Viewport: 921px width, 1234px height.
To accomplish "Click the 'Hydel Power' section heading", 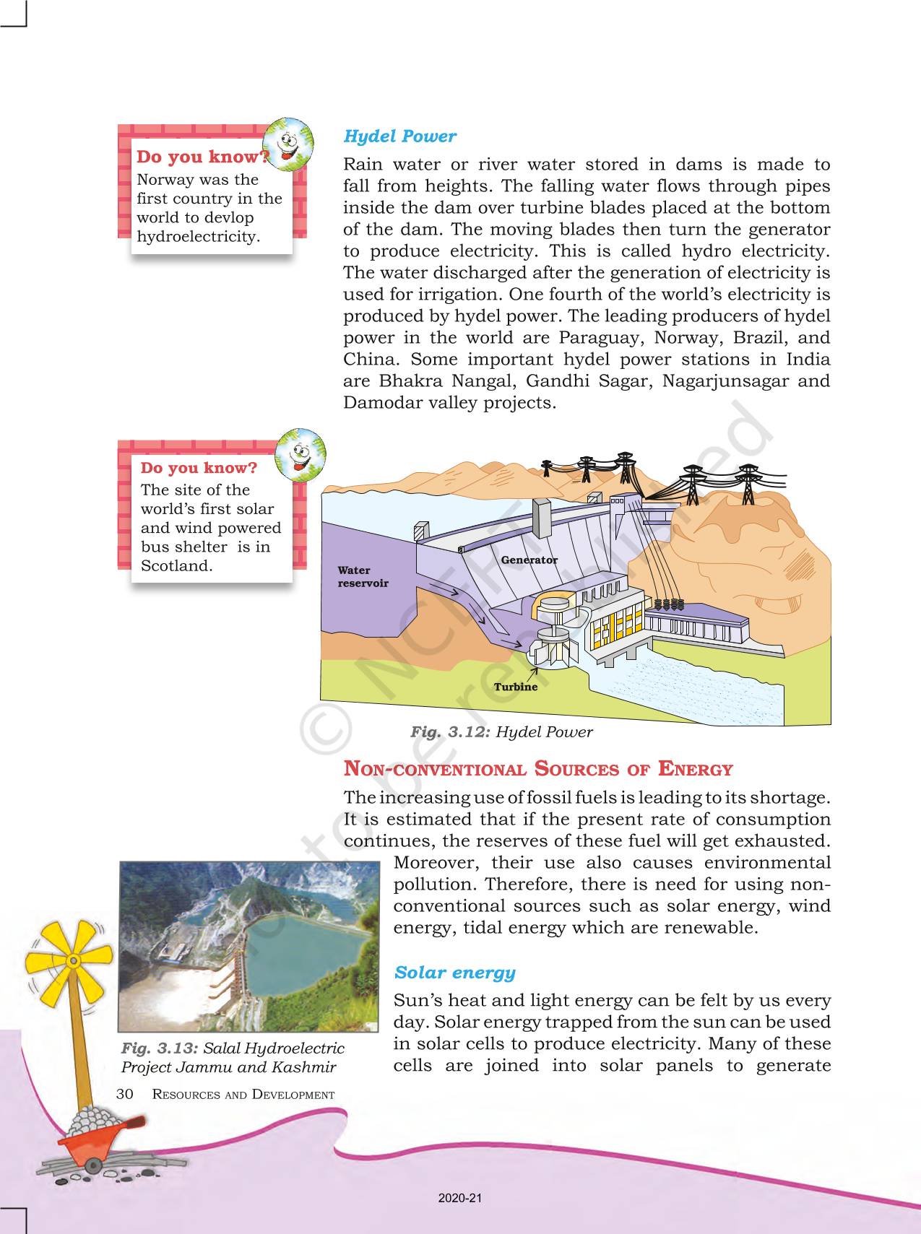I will coord(399,136).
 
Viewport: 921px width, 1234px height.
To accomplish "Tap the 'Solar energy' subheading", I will coord(454,973).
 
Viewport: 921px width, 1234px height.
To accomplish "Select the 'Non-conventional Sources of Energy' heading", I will coord(538,769).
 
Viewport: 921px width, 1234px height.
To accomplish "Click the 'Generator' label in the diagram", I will coord(529,560).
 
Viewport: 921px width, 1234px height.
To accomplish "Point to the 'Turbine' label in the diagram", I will coord(515,687).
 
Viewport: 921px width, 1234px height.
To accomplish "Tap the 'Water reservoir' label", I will coord(363,576).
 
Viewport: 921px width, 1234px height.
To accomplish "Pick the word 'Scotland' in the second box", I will coord(176,566).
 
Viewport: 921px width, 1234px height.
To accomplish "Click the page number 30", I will coord(124,1094).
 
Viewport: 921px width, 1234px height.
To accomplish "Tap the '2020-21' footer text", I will coord(459,1198).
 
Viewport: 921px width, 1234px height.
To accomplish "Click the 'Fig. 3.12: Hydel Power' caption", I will coord(501,732).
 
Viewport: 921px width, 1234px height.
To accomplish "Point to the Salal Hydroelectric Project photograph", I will coord(248,946).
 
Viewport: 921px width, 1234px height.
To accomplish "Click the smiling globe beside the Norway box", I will coord(288,144).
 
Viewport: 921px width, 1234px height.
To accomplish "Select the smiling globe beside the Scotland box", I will coord(300,456).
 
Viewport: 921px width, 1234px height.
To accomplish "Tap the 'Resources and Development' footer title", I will coord(243,1095).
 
